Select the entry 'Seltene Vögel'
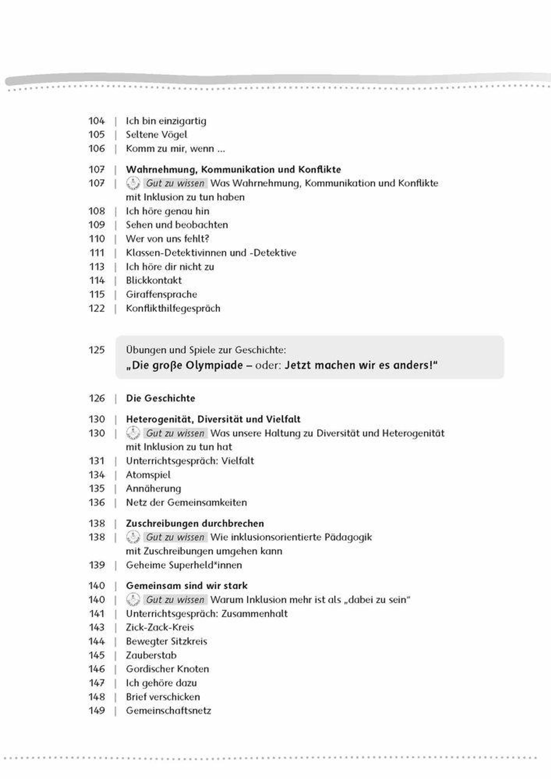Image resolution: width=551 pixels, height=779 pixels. (157, 135)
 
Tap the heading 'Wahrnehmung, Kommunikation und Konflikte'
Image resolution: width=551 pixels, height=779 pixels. (233, 169)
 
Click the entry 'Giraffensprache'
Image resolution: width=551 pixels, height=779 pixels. (161, 294)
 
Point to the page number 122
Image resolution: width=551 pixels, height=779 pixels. (97, 308)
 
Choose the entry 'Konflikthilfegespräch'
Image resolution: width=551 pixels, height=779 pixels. (173, 308)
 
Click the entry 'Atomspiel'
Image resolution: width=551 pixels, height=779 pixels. (148, 475)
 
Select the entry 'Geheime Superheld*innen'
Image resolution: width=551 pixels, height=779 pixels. (184, 565)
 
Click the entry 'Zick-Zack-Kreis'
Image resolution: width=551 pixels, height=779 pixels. (160, 627)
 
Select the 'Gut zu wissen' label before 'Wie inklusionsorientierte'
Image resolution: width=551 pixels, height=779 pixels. (175, 537)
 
